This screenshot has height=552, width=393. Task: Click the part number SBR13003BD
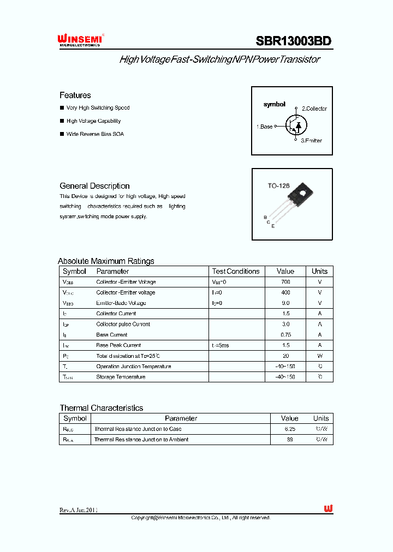(294, 41)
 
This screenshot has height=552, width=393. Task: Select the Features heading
(75, 95)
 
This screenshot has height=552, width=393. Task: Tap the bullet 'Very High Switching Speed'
(98, 108)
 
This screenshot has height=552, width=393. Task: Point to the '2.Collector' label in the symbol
(314, 109)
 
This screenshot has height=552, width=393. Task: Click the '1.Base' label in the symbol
(265, 127)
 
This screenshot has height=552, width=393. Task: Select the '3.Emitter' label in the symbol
(311, 141)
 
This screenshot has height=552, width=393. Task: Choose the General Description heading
(94, 186)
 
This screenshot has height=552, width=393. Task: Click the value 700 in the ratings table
(285, 282)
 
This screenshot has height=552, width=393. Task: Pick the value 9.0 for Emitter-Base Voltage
(285, 303)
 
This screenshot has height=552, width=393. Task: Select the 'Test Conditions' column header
(236, 271)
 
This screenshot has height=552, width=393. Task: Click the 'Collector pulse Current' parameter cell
(123, 324)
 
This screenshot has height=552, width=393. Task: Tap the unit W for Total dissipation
(320, 356)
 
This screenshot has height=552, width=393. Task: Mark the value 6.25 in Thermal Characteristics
(289, 429)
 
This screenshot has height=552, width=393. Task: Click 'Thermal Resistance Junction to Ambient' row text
(141, 440)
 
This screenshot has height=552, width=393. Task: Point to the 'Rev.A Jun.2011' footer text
(79, 510)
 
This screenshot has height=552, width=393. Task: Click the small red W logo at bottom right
(327, 508)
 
